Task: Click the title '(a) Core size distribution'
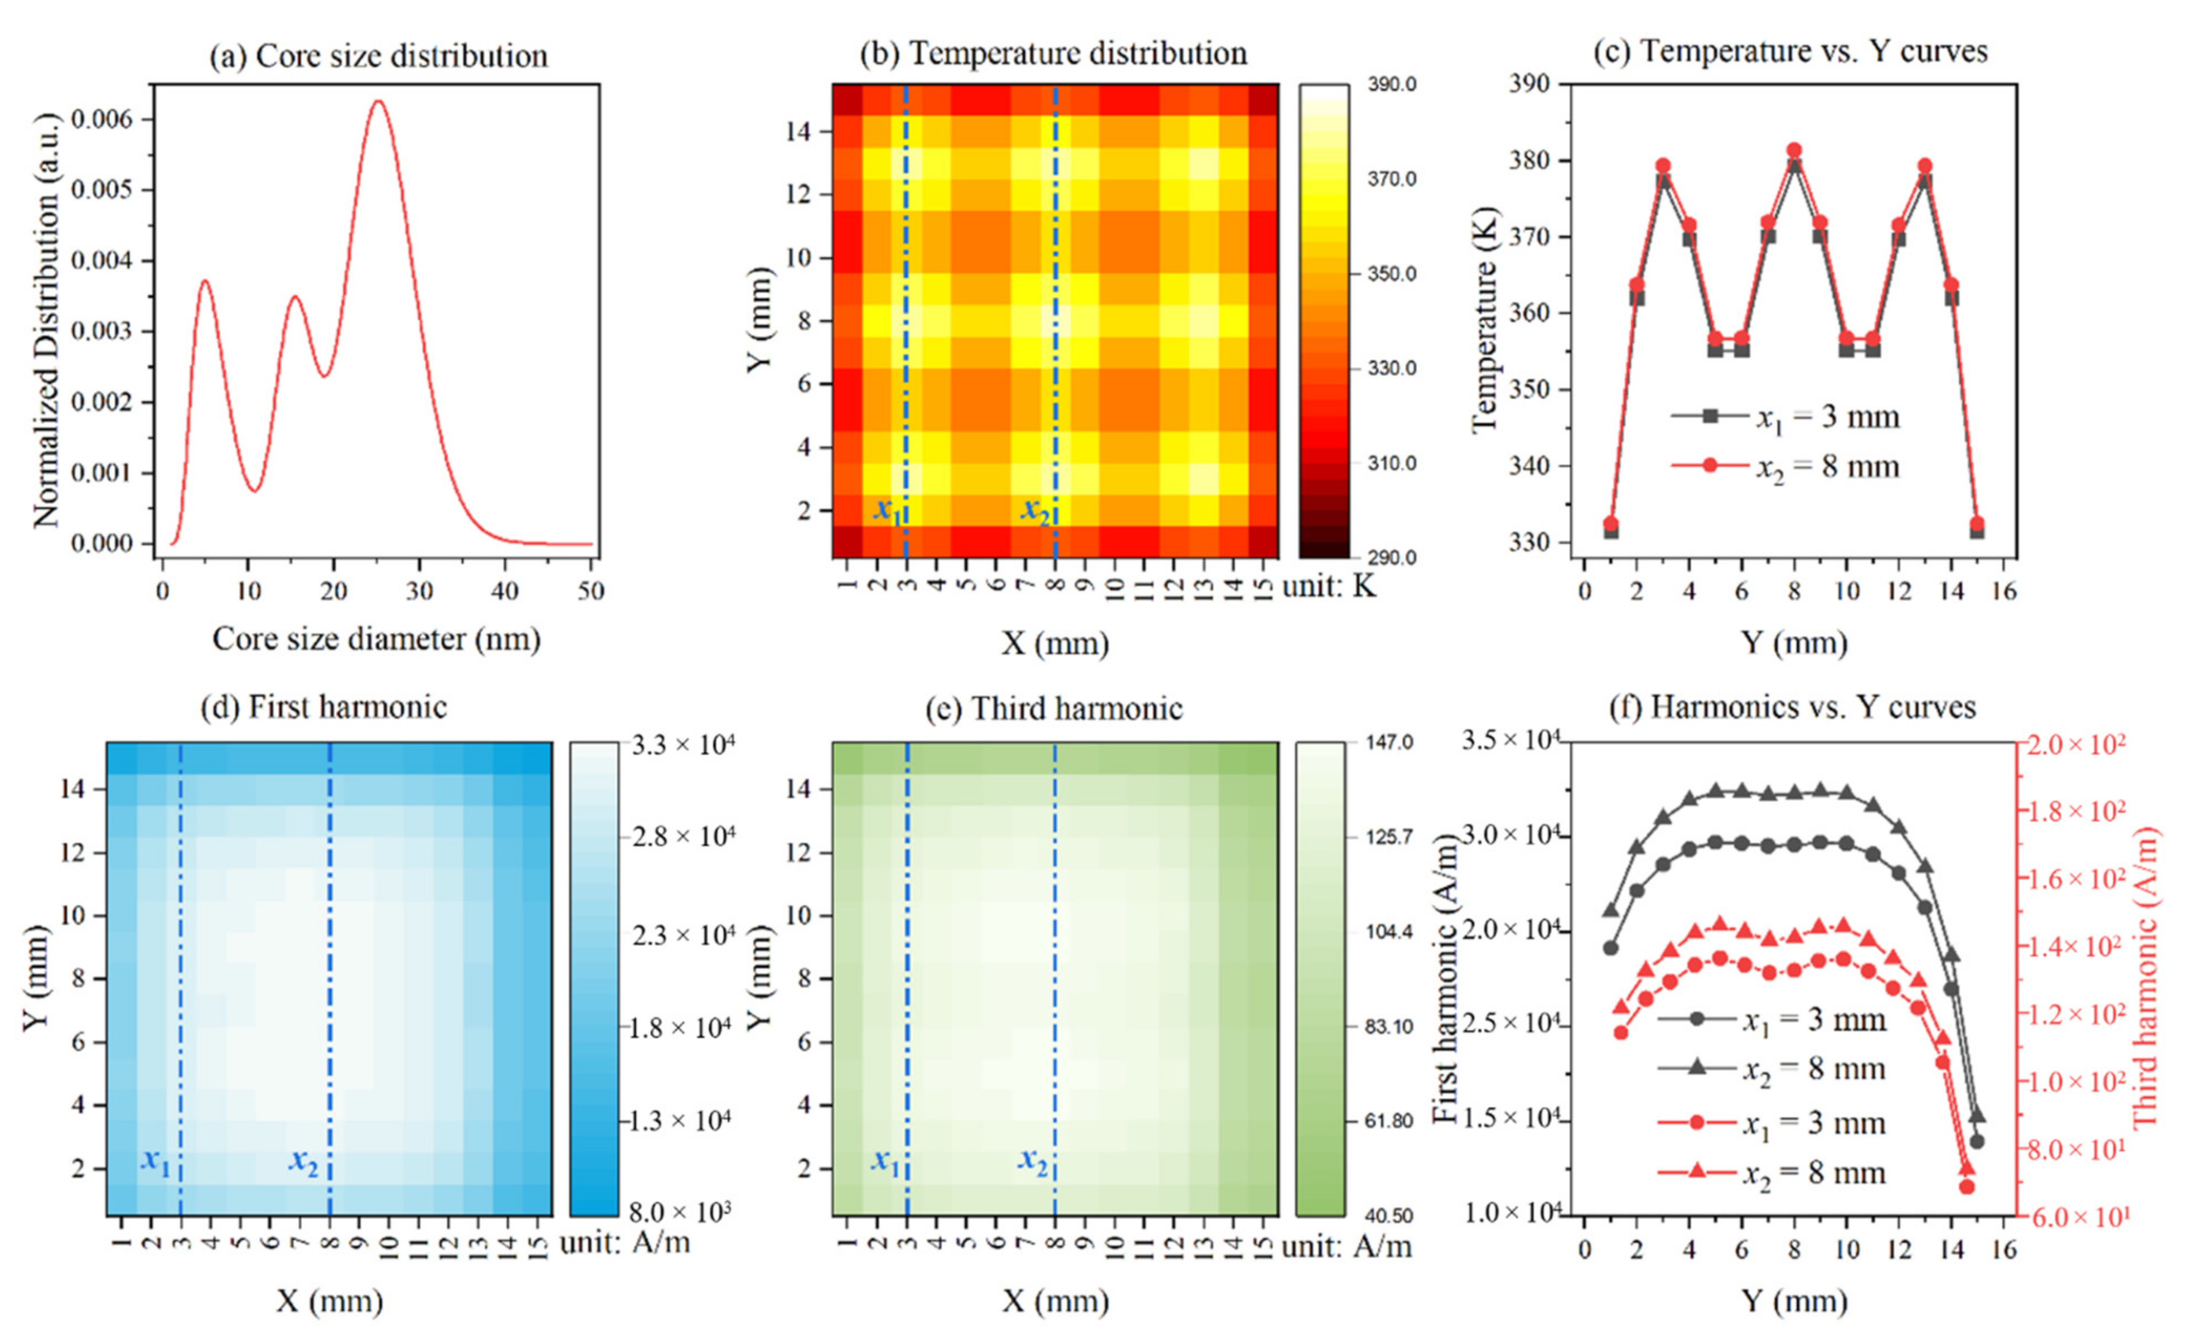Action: [x=378, y=56]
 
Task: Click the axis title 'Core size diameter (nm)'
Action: [x=376, y=639]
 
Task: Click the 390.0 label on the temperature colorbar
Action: [x=1391, y=85]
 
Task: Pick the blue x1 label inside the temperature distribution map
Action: [x=887, y=510]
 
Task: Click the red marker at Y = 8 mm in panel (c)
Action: [x=1794, y=151]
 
